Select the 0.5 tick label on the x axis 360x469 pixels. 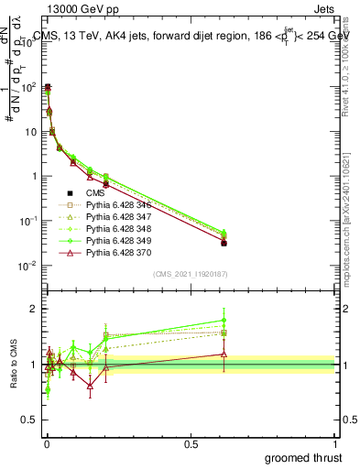pos(191,442)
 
